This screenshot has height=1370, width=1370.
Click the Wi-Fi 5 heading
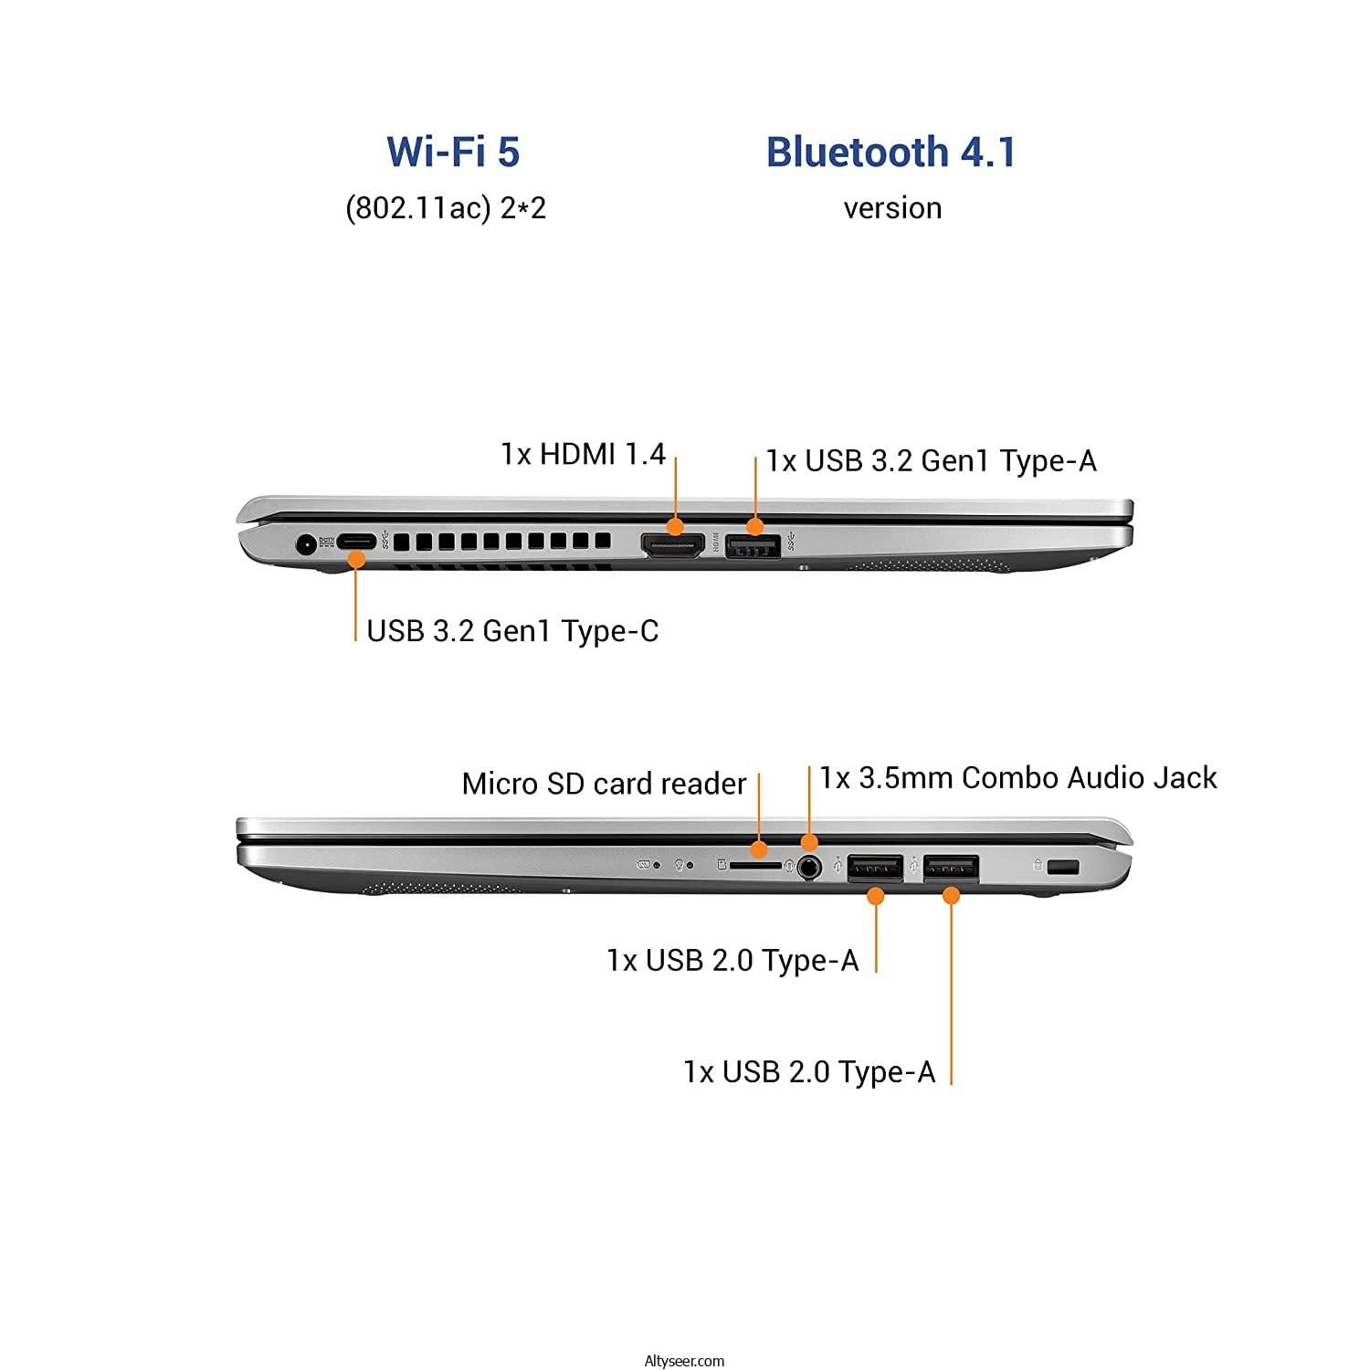[x=453, y=152]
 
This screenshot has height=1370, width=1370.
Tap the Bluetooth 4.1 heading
[x=891, y=152]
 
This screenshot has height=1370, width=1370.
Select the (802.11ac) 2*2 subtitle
[x=446, y=208]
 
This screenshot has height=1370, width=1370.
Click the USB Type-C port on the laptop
[x=356, y=541]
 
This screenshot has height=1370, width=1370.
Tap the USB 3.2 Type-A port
[x=753, y=547]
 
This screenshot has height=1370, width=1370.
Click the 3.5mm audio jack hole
[x=808, y=866]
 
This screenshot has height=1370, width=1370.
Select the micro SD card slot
[x=755, y=863]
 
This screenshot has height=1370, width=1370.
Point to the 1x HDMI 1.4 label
[x=583, y=453]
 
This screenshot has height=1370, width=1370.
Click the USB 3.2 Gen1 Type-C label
[x=512, y=630]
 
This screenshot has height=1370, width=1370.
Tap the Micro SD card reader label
[x=604, y=784]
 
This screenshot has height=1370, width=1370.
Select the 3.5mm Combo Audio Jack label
[x=1017, y=777]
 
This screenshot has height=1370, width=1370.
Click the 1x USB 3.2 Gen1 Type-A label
[x=931, y=460]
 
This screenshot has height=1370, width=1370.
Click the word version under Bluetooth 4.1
[x=892, y=208]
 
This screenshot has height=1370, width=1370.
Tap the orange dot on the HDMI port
[x=675, y=526]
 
